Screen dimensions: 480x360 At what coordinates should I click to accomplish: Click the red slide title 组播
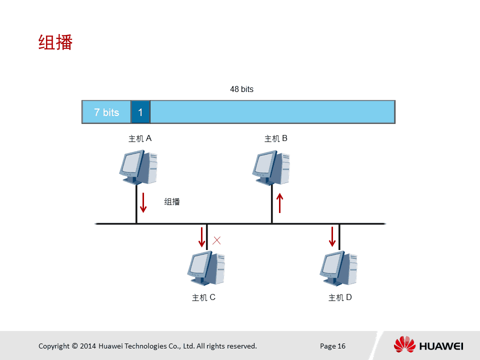click(55, 42)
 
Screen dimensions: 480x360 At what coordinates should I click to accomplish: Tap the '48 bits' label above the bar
click(242, 89)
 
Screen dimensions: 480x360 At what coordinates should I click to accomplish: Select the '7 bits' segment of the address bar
click(106, 112)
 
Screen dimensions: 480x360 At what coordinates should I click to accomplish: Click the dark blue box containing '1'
click(140, 112)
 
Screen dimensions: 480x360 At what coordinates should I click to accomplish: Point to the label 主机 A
click(140, 138)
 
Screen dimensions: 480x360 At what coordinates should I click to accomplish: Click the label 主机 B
click(276, 138)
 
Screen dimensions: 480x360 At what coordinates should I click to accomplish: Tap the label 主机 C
click(203, 297)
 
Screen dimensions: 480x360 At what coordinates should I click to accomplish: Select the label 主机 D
click(340, 297)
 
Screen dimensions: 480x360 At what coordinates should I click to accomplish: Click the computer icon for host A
click(138, 167)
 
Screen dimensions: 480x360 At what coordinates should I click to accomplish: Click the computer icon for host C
click(206, 268)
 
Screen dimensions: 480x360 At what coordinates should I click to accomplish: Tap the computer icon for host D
click(338, 268)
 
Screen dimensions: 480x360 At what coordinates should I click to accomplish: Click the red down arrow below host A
click(143, 202)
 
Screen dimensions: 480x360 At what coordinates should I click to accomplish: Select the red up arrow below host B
click(279, 203)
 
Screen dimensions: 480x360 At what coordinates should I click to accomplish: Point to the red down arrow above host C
click(201, 237)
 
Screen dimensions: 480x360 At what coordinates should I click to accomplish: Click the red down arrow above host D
click(332, 236)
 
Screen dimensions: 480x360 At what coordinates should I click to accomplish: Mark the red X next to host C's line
click(216, 240)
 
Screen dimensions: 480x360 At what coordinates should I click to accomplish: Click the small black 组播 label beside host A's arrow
click(172, 201)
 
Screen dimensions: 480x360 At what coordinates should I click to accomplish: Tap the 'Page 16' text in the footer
click(333, 346)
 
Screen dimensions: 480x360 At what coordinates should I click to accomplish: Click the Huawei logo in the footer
click(428, 344)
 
